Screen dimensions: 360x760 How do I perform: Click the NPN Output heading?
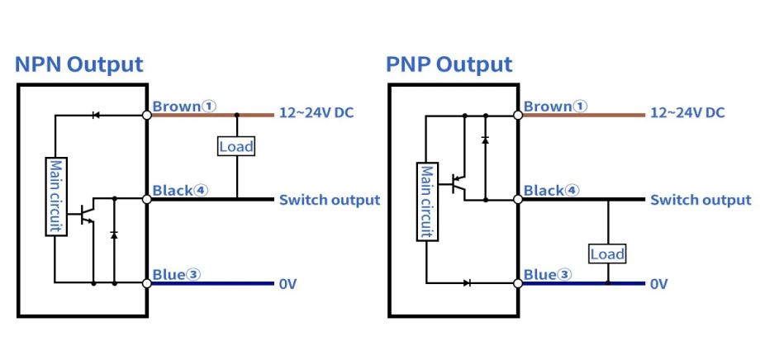click(x=78, y=64)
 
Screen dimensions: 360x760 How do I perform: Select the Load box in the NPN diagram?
click(x=236, y=147)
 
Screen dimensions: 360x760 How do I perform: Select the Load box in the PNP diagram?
click(x=607, y=253)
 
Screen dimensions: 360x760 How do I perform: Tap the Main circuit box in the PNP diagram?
click(x=426, y=201)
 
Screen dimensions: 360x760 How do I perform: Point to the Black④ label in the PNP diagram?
click(x=551, y=191)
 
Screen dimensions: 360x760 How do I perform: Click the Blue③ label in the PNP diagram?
click(x=547, y=274)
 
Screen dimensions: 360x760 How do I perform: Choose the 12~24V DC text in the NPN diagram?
click(x=316, y=112)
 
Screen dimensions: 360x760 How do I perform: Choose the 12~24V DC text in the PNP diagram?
click(x=687, y=112)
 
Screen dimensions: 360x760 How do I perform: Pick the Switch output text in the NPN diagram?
click(x=329, y=200)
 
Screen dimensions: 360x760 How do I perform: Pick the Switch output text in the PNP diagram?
click(x=701, y=200)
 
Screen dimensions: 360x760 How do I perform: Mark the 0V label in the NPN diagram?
click(x=287, y=284)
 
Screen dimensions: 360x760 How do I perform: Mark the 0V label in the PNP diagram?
click(x=658, y=284)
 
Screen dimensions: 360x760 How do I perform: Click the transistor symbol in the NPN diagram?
click(x=86, y=215)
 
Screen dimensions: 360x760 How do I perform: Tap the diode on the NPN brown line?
click(x=96, y=116)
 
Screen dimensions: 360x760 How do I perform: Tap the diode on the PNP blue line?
click(x=468, y=283)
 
